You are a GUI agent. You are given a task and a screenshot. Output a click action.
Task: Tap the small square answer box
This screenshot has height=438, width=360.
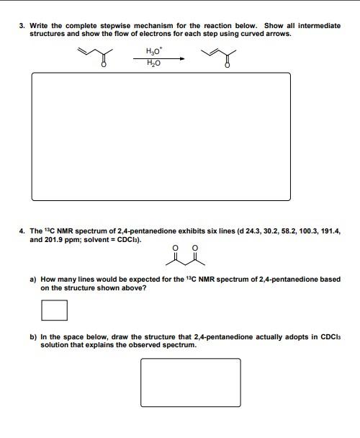pos(54,310)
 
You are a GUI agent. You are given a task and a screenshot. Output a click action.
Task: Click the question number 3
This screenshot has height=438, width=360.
pos(22,26)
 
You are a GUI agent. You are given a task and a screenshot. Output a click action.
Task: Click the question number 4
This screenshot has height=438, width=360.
pos(22,231)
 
